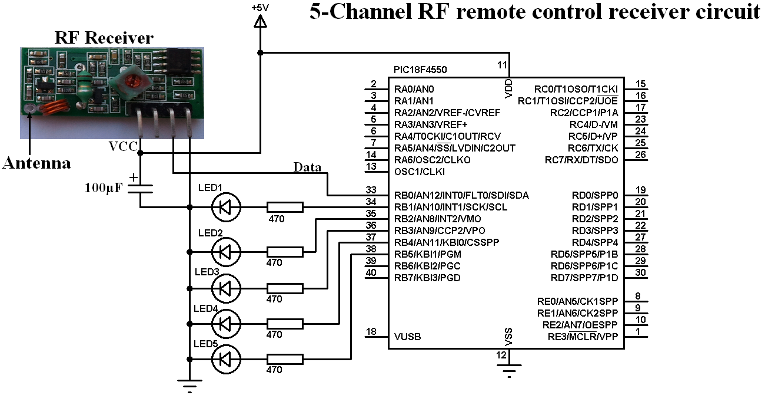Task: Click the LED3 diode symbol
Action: [x=225, y=288]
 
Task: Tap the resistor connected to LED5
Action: [x=285, y=358]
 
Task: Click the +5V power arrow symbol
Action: [x=260, y=21]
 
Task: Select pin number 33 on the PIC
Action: [x=371, y=190]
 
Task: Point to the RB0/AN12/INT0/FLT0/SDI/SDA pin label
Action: [x=461, y=195]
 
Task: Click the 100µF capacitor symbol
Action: [x=141, y=188]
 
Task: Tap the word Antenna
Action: [x=36, y=163]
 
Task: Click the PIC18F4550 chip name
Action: [x=420, y=70]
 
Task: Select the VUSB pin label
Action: [x=408, y=337]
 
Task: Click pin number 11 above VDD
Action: [x=502, y=64]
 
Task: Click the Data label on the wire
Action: [x=307, y=167]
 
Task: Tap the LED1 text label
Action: [x=210, y=187]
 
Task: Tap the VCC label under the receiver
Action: [x=123, y=146]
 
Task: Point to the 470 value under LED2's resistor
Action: [x=274, y=263]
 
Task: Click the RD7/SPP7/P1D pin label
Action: [x=584, y=278]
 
